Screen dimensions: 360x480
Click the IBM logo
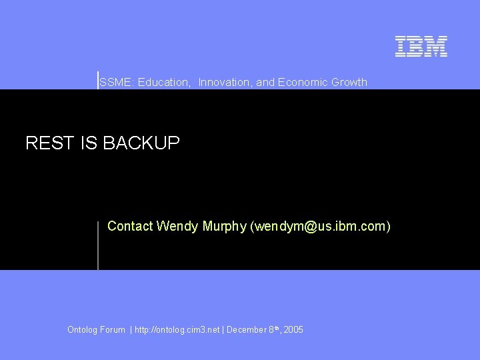tap(421, 46)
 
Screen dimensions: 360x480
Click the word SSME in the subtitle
tap(112, 82)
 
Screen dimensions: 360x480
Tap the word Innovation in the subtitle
tap(225, 82)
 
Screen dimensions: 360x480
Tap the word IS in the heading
tap(89, 143)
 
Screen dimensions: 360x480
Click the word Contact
tap(130, 227)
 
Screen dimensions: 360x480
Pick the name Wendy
tap(175, 227)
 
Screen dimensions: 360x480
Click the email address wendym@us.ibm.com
tap(320, 227)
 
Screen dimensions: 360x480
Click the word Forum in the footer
tap(114, 329)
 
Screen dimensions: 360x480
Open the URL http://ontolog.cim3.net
tap(177, 329)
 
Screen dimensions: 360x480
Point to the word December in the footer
tap(247, 329)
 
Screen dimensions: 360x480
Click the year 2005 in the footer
tap(293, 329)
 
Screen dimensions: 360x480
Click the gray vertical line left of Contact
tap(98, 245)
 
